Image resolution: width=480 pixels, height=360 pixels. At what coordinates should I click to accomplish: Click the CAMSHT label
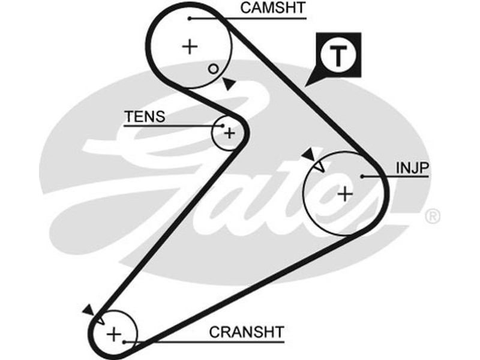pyautogui.click(x=272, y=8)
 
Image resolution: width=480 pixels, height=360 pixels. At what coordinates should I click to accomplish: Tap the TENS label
pyautogui.click(x=144, y=116)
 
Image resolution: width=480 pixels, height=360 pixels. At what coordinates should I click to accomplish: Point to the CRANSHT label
pyautogui.click(x=246, y=332)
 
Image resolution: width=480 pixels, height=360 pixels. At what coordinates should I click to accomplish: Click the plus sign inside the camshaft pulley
pyautogui.click(x=190, y=46)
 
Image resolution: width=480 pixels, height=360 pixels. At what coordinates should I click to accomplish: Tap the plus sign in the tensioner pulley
pyautogui.click(x=229, y=133)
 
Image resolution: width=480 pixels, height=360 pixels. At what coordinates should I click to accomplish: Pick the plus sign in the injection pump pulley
pyautogui.click(x=344, y=193)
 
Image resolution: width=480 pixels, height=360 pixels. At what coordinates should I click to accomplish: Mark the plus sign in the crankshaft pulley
pyautogui.click(x=114, y=334)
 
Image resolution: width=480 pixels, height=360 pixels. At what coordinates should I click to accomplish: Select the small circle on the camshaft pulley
pyautogui.click(x=213, y=68)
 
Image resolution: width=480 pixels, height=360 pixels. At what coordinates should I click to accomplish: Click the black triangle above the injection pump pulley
pyautogui.click(x=308, y=155)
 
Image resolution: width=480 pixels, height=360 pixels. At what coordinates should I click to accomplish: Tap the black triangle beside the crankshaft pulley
pyautogui.click(x=88, y=310)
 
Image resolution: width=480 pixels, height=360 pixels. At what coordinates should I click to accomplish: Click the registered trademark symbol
pyautogui.click(x=432, y=216)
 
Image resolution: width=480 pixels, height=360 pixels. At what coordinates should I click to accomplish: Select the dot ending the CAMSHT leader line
pyautogui.click(x=190, y=19)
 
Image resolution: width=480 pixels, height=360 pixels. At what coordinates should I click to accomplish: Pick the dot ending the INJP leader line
pyautogui.click(x=363, y=176)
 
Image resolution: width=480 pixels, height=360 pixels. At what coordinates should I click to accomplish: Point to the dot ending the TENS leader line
pyautogui.click(x=223, y=125)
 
